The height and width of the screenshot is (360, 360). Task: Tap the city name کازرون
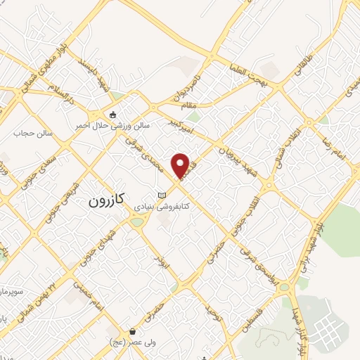105,200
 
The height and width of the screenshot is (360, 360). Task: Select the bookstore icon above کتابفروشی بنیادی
163,195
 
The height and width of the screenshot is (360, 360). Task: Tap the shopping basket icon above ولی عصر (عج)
132,331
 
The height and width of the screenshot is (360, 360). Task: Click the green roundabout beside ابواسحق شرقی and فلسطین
283,287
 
